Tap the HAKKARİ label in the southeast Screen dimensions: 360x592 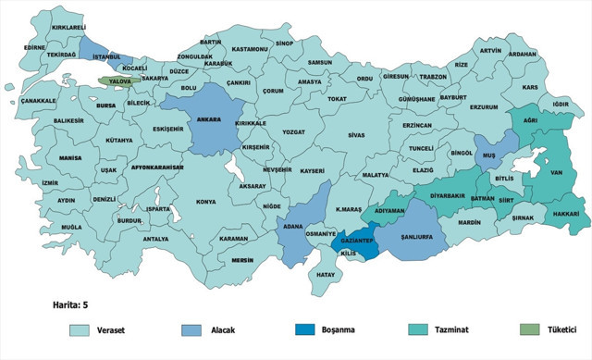[x=564, y=214]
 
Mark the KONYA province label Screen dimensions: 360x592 [x=205, y=201]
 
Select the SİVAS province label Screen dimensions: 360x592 [x=356, y=134]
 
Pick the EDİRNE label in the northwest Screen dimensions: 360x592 [x=35, y=46]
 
